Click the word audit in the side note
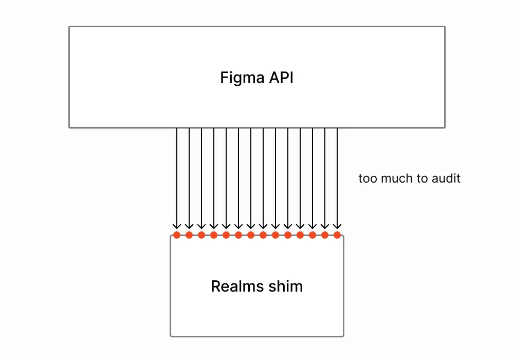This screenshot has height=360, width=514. click(446, 179)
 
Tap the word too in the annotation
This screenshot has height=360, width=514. click(367, 179)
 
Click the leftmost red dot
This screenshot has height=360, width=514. click(177, 235)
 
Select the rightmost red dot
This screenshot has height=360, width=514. click(337, 235)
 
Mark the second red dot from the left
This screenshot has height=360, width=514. click(189, 235)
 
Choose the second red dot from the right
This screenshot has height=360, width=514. click(325, 235)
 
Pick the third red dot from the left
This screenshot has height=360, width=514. click(201, 235)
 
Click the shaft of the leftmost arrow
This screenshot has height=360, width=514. click(177, 175)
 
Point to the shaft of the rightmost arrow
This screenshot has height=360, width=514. click(337, 175)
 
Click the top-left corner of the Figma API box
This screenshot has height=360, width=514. click(69, 27)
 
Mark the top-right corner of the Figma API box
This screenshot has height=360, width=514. click(445, 27)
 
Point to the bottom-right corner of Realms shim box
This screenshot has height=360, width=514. click(343, 336)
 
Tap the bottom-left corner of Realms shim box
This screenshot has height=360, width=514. click(171, 336)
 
